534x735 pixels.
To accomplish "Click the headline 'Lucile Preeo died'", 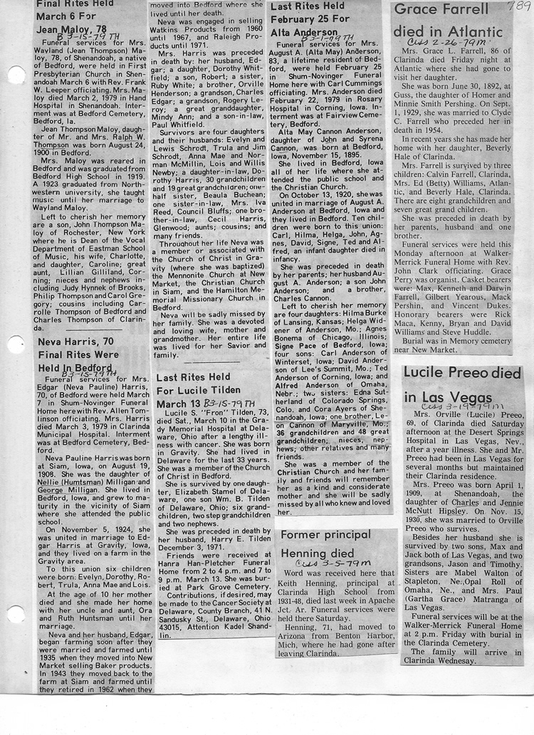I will (x=461, y=373).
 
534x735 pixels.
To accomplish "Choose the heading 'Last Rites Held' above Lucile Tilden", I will (x=194, y=376).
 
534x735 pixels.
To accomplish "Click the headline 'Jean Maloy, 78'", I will (x=71, y=30).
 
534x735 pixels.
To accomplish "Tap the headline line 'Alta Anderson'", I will (x=304, y=32).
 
